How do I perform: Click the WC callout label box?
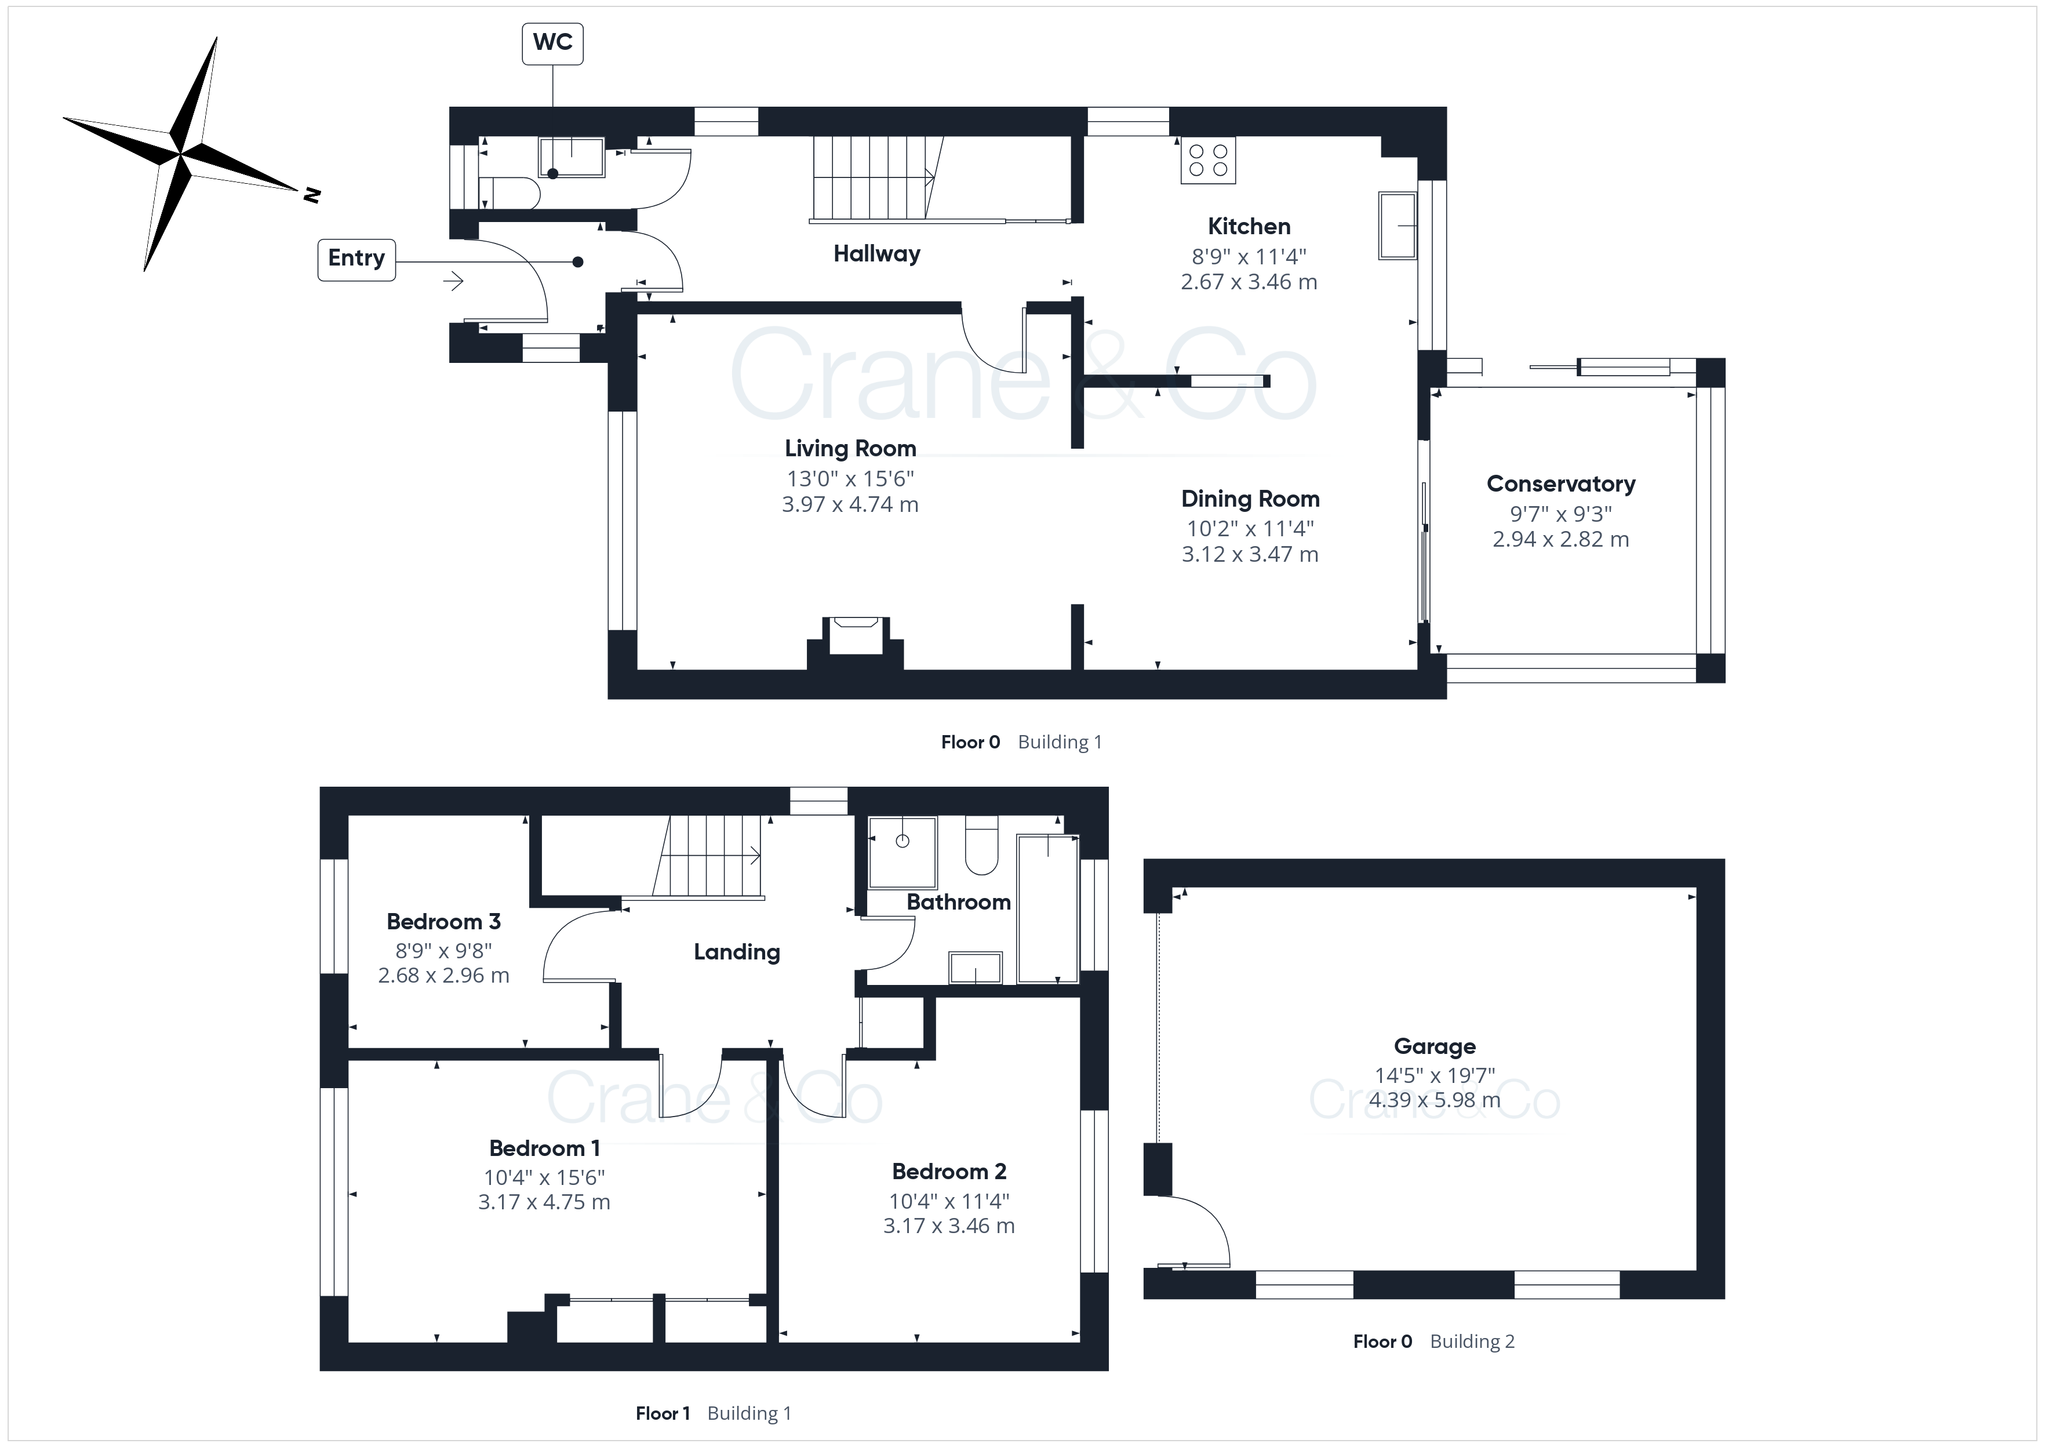pos(552,43)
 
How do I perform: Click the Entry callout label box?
pos(356,259)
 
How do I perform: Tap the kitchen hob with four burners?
pos(1208,161)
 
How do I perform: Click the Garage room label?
pos(1434,1047)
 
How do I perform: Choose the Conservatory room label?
pos(1560,484)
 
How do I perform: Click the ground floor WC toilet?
pos(510,194)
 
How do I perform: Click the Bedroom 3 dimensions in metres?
pos(443,976)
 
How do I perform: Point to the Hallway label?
pos(876,254)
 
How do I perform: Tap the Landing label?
pos(737,952)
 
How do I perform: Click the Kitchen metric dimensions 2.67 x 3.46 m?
pos(1249,282)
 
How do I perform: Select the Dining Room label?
pos(1250,499)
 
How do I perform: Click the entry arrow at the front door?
pos(453,282)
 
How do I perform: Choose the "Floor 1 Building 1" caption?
pos(712,1413)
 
